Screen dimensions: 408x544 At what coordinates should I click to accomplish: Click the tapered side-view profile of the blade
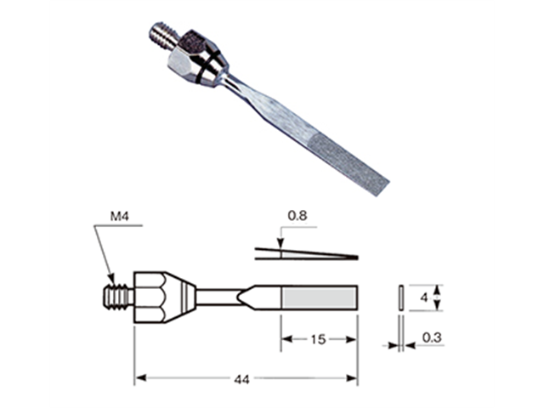coord(306,252)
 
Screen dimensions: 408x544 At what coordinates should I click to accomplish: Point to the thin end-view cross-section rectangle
coord(400,298)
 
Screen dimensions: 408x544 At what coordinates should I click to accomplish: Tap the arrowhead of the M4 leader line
coord(111,280)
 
